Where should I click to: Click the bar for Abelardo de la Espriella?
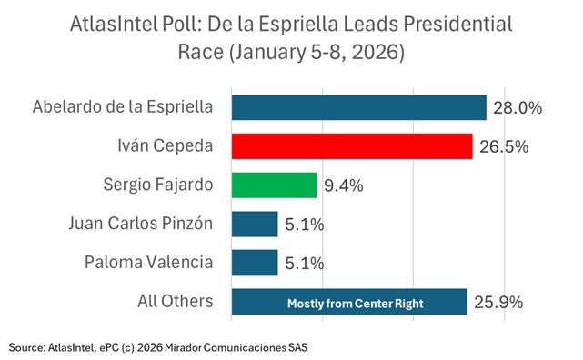[358, 107]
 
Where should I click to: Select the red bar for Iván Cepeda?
[351, 146]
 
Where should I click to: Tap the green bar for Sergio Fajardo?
[274, 185]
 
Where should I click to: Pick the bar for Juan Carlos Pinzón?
[255, 224]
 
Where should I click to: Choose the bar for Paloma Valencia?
[255, 263]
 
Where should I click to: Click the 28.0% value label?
[518, 108]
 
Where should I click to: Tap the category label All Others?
[172, 302]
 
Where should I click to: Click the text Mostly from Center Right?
[350, 303]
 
